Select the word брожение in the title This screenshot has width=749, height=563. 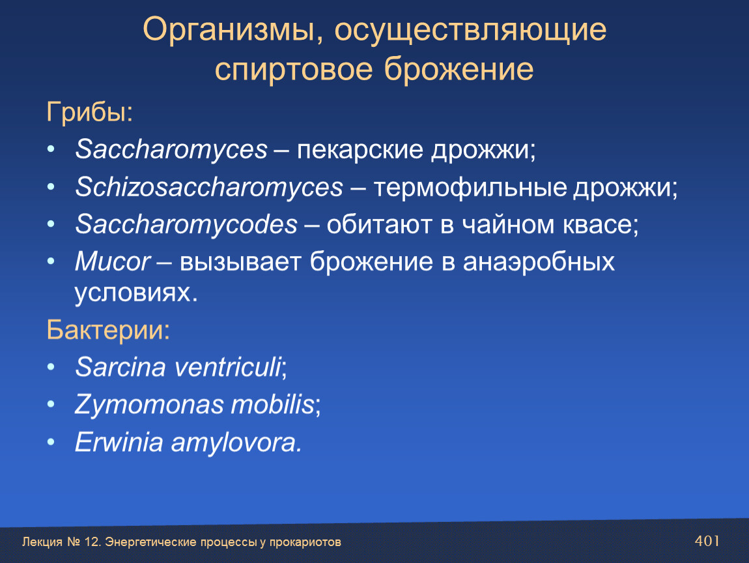[x=459, y=69]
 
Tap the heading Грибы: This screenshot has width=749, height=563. [x=90, y=113]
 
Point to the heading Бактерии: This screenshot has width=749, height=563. [x=108, y=330]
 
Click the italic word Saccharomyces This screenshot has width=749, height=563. [x=171, y=150]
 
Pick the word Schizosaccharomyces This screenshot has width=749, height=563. [x=209, y=187]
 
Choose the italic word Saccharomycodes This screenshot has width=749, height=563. [x=186, y=224]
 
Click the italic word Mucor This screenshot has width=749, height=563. [x=113, y=261]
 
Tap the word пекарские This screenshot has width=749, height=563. [x=360, y=150]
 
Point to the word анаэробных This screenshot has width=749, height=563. [x=539, y=262]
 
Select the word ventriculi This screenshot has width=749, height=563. [x=227, y=367]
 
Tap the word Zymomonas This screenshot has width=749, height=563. [x=149, y=405]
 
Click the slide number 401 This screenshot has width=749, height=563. [x=707, y=541]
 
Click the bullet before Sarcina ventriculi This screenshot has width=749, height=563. [x=51, y=367]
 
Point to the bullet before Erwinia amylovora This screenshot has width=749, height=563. [x=51, y=442]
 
